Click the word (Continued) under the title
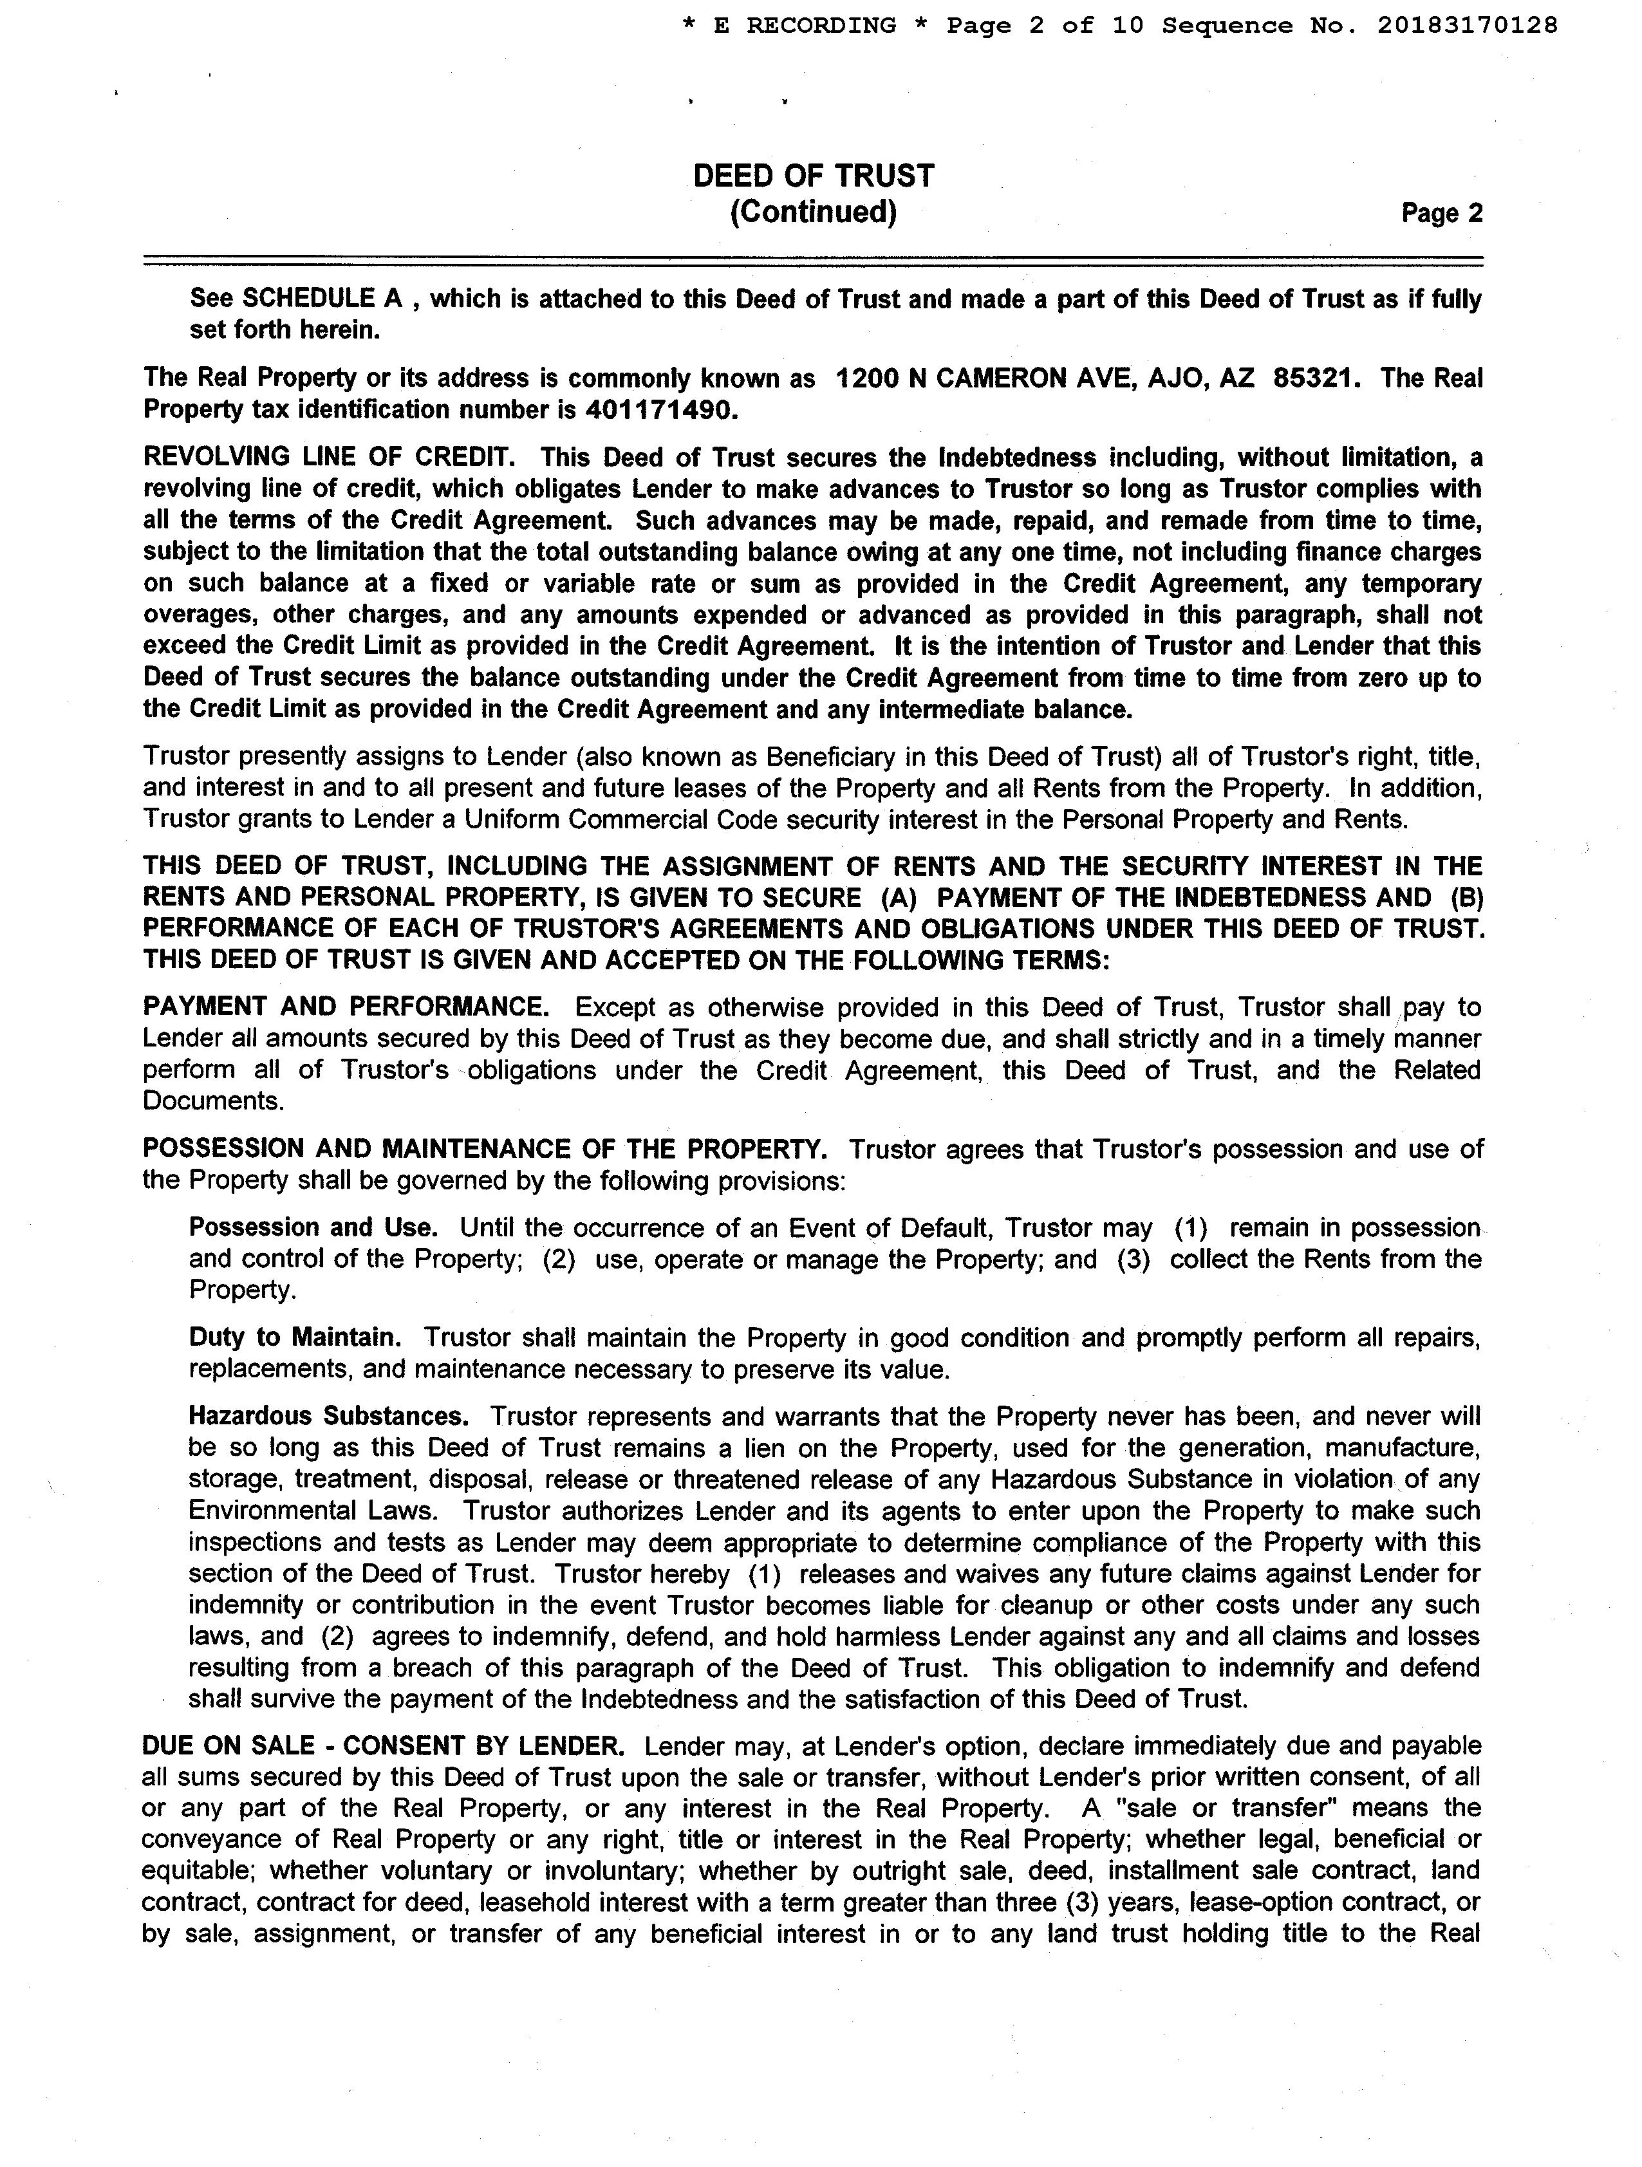[x=813, y=212]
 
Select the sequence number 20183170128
[x=1467, y=26]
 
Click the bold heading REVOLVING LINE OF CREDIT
[x=328, y=458]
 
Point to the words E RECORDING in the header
[x=805, y=26]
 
